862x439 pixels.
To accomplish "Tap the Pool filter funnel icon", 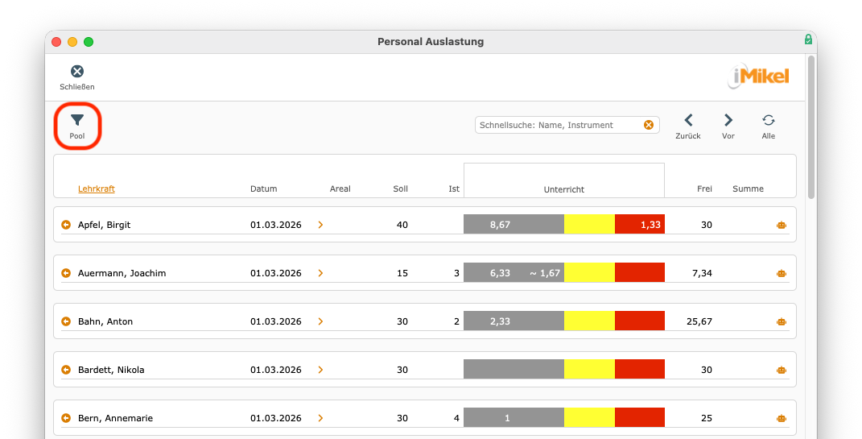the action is point(77,120).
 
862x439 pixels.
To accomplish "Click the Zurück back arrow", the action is point(688,120).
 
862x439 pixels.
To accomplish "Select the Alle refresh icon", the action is point(769,120).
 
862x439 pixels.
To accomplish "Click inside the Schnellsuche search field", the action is point(558,125).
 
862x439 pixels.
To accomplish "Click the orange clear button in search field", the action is point(649,125).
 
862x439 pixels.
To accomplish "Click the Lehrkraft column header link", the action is point(97,188).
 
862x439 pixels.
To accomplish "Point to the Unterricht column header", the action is point(564,189).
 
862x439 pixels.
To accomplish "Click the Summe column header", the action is point(748,188).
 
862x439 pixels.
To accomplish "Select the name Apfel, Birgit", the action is point(105,225).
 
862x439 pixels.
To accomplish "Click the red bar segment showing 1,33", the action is point(640,225).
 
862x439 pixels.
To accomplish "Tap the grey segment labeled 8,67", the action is point(514,225).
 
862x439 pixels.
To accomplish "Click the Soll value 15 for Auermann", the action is point(402,273).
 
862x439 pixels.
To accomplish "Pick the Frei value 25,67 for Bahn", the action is point(699,321).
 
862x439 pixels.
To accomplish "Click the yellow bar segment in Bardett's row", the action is point(589,369).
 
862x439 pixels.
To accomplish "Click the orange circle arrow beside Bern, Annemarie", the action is point(66,417).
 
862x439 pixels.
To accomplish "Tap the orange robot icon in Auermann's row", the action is point(782,273).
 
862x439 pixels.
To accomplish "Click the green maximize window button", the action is point(89,42).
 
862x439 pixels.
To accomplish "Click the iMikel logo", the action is point(759,76).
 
